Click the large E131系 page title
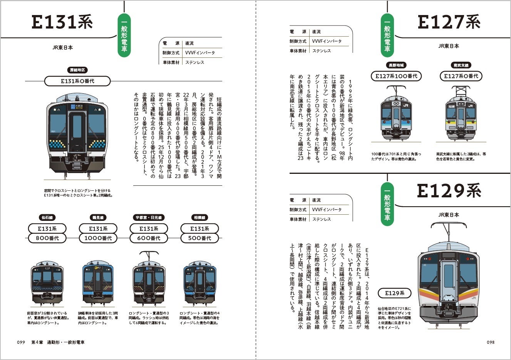pyautogui.click(x=62, y=22)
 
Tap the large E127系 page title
pyautogui.click(x=449, y=22)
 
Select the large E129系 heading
pyautogui.click(x=449, y=190)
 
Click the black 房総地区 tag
pyautogui.click(x=77, y=70)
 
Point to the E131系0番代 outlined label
pyautogui.click(x=77, y=81)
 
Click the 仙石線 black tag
pyautogui.click(x=47, y=218)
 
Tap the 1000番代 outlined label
pyautogui.click(x=98, y=238)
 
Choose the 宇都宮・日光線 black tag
pyautogui.click(x=149, y=218)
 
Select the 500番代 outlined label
pyautogui.click(x=199, y=238)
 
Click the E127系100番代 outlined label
pyautogui.click(x=396, y=76)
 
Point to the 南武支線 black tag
pyautogui.click(x=461, y=66)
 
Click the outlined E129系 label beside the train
pyautogui.click(x=395, y=293)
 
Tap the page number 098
pyautogui.click(x=490, y=342)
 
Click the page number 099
pyautogui.click(x=21, y=342)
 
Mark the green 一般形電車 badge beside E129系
pyautogui.click(x=387, y=204)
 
